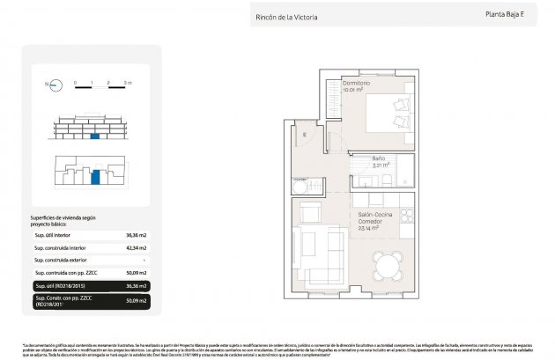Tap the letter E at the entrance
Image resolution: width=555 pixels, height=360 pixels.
(302, 135)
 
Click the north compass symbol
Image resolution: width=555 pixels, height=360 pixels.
(54, 85)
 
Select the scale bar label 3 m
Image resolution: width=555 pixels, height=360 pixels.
(128, 82)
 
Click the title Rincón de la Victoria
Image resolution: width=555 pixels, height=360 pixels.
(286, 17)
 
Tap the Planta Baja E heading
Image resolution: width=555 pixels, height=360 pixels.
(504, 13)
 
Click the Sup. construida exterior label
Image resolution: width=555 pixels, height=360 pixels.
(61, 261)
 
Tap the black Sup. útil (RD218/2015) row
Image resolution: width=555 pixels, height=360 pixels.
(88, 286)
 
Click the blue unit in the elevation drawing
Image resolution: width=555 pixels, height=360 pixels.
(94, 136)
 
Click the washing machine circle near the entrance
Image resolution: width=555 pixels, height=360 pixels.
(300, 187)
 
